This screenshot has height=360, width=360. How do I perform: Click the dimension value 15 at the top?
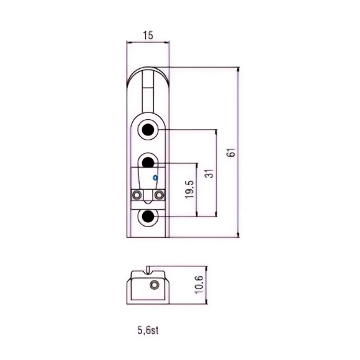148,35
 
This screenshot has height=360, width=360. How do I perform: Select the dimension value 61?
232,153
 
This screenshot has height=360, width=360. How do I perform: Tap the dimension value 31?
210,174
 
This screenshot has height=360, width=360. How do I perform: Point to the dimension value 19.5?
190,189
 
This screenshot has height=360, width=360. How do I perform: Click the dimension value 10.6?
199,284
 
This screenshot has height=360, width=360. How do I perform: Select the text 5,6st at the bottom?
148,330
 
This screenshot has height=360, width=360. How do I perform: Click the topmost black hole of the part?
148,130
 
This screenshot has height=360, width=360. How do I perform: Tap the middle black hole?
148,163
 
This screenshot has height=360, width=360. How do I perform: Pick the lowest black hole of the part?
148,216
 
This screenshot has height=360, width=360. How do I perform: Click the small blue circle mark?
155,178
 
